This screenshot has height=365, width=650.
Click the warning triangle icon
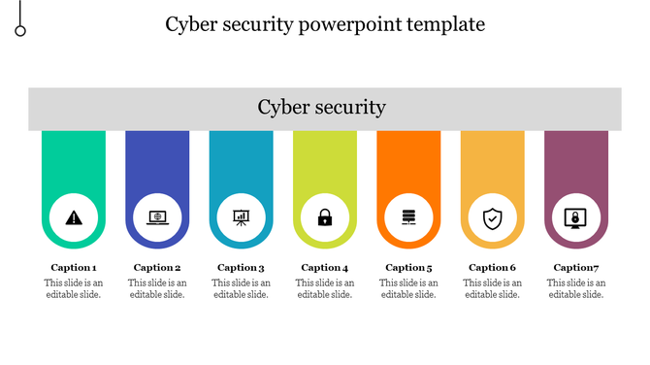(74, 218)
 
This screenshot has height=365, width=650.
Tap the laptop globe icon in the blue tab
(157, 218)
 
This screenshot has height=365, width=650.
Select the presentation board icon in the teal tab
(241, 218)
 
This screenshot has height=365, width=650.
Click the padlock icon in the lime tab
(325, 218)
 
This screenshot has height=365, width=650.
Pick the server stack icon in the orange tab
(408, 218)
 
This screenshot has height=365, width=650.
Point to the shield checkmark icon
(492, 218)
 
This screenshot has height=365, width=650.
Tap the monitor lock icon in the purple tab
(575, 218)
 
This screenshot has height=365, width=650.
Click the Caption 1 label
(74, 268)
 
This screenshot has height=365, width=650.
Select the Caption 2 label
(157, 268)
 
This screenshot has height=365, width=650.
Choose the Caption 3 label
(241, 268)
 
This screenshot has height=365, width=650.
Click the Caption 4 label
(325, 268)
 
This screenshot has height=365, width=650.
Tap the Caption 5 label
(408, 268)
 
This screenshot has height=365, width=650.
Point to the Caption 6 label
(492, 268)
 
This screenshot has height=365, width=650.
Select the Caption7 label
(575, 268)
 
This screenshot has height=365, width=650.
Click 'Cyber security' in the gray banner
(322, 108)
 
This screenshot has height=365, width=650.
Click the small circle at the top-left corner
(20, 31)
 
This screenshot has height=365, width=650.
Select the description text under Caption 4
(325, 288)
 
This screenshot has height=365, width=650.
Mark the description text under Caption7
(575, 288)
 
